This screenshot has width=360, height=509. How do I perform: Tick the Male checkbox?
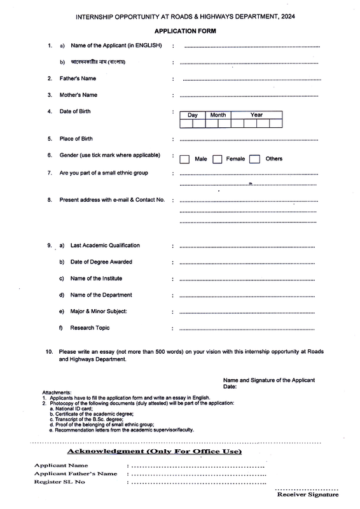[x=184, y=159]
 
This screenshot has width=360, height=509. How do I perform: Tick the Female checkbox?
[x=217, y=159]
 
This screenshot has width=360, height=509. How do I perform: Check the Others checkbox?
[x=254, y=159]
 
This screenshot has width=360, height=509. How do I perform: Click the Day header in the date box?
[x=193, y=115]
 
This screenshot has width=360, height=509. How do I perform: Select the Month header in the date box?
[x=218, y=115]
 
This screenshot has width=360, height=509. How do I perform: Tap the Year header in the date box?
[x=256, y=115]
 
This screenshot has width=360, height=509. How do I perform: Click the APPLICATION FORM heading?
[x=184, y=31]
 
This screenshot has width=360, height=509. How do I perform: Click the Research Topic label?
[x=90, y=328]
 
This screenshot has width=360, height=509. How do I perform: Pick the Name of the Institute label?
[x=96, y=279]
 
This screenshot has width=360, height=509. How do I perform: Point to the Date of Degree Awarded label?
[x=101, y=262]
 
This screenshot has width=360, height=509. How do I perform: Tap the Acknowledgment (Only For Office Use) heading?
[x=153, y=452]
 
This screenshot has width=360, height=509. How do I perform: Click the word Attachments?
[x=57, y=393]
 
